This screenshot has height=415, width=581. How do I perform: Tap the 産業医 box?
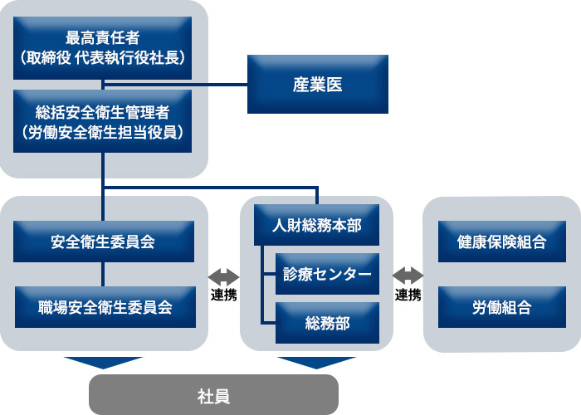pos(318,85)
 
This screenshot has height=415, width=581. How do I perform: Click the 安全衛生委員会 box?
pos(103,242)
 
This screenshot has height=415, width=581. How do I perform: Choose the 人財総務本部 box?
pos(316,224)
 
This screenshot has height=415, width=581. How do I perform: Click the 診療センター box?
pos(327,274)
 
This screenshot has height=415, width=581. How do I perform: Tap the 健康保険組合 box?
pos(501,242)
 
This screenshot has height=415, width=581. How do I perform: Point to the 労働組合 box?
pos(501,307)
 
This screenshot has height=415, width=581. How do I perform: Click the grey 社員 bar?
pos(213,395)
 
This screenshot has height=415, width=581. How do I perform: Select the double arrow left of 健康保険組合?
pos(408,275)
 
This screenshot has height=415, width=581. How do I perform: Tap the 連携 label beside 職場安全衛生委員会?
pos(223,295)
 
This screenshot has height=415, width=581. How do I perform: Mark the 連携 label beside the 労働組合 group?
pos(408,295)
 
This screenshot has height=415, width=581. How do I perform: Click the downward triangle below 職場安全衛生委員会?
pos(103,363)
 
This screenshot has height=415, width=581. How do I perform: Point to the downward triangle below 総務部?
pos(316,363)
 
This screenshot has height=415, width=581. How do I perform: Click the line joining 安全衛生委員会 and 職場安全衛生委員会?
pos(103,274)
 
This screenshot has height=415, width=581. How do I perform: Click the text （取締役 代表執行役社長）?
pos(103,58)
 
